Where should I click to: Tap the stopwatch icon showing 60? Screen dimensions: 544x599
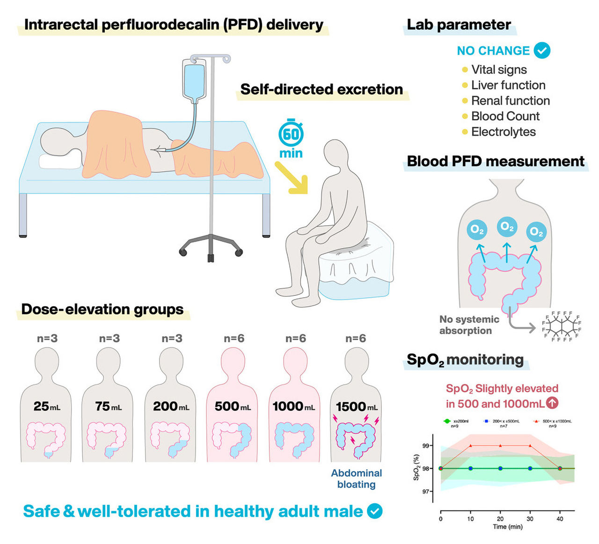pos(291,135)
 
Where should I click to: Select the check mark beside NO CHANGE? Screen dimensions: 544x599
pos(542,50)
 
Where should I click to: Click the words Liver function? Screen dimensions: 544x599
pos(508,85)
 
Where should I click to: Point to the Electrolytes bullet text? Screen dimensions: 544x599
pos(503,132)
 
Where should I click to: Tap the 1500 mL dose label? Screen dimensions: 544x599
pos(357,407)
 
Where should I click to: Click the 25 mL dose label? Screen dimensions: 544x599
pos(47,407)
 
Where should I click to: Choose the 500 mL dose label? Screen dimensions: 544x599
pos(233,407)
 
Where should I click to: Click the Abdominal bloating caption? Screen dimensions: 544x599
pos(357,479)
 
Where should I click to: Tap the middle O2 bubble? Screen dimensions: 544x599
pos(507,227)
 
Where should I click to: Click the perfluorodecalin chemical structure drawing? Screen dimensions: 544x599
pos(561,326)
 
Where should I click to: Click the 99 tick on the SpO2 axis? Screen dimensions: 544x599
pos(425,445)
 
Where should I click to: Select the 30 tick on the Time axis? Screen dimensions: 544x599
pos(530,519)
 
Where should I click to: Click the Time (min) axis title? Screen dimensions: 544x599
pos(507,527)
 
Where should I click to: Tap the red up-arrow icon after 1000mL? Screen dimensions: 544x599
pos(552,403)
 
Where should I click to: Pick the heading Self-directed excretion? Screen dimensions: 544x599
pos(321,89)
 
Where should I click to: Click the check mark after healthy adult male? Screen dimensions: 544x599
pos(374,511)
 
